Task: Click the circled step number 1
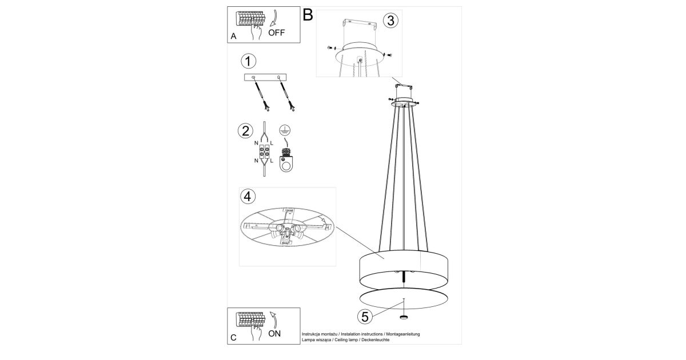tap(248, 61)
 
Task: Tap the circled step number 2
tap(246, 131)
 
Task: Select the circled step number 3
tap(391, 21)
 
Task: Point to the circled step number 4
tap(248, 196)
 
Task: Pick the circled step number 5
tap(365, 317)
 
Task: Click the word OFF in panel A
tap(276, 33)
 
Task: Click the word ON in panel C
tap(274, 333)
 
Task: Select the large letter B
tap(308, 15)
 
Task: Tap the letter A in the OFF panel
tap(233, 37)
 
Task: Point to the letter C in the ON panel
tap(233, 338)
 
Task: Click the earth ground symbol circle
tap(285, 131)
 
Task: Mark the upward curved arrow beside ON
tap(273, 320)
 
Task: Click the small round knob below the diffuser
tap(404, 317)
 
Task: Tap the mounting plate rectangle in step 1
tap(265, 77)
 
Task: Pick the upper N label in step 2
tap(256, 143)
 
